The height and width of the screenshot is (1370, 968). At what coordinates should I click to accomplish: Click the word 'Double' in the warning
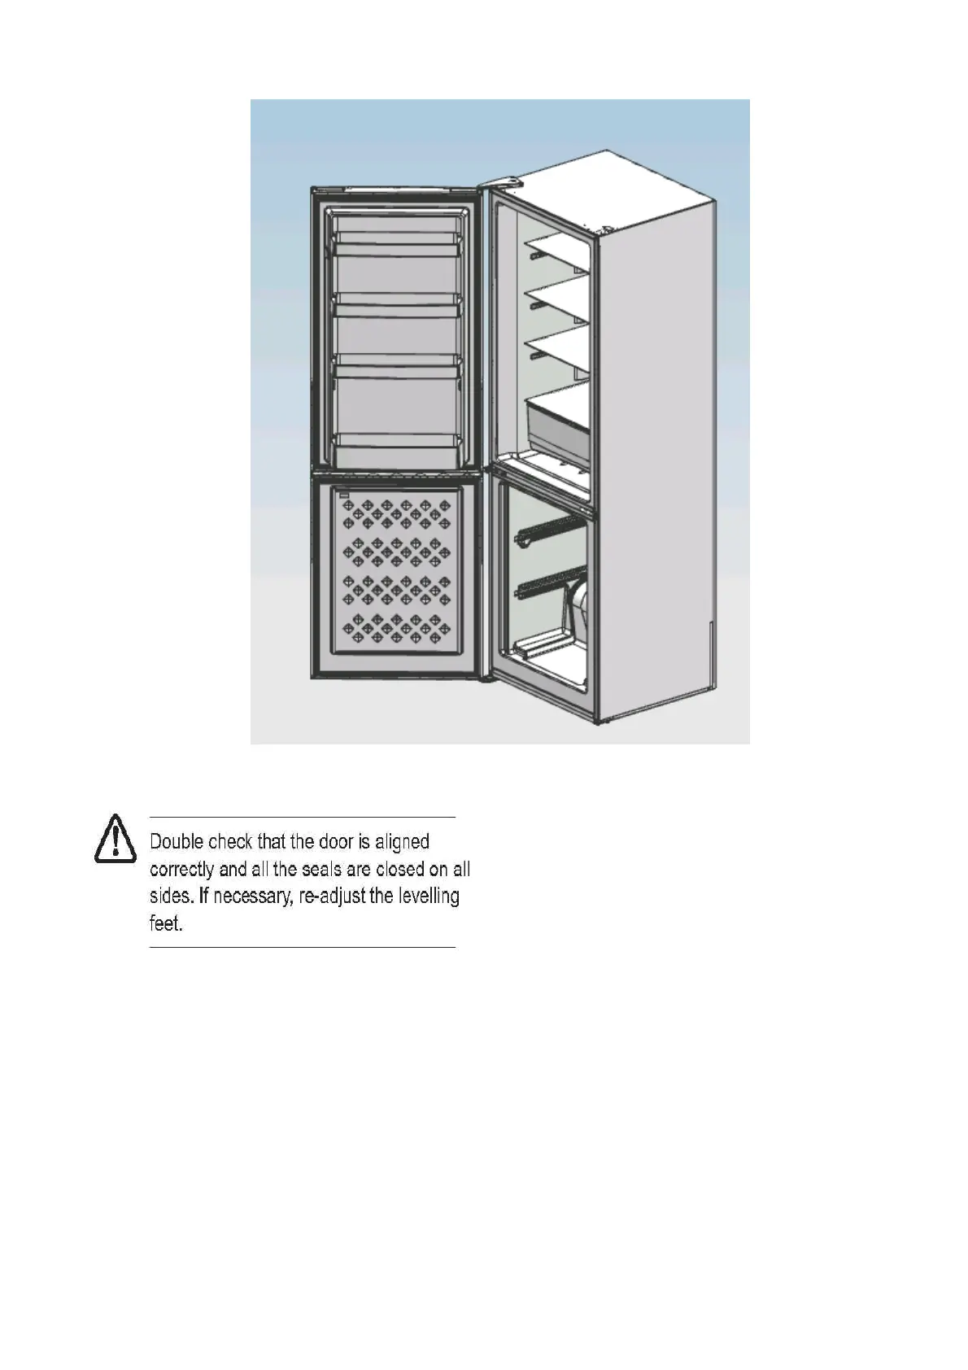click(x=176, y=842)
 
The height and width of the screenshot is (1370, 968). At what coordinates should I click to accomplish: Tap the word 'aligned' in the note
click(x=402, y=843)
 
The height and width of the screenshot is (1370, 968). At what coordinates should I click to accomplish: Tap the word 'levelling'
click(x=428, y=897)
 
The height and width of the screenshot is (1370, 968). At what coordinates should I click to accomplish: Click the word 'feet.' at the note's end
click(x=166, y=924)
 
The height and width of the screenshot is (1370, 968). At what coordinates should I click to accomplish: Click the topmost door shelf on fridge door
click(x=399, y=238)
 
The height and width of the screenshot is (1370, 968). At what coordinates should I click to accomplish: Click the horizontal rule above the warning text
click(x=303, y=817)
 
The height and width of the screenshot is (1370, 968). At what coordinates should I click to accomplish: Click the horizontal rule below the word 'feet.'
click(x=303, y=948)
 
